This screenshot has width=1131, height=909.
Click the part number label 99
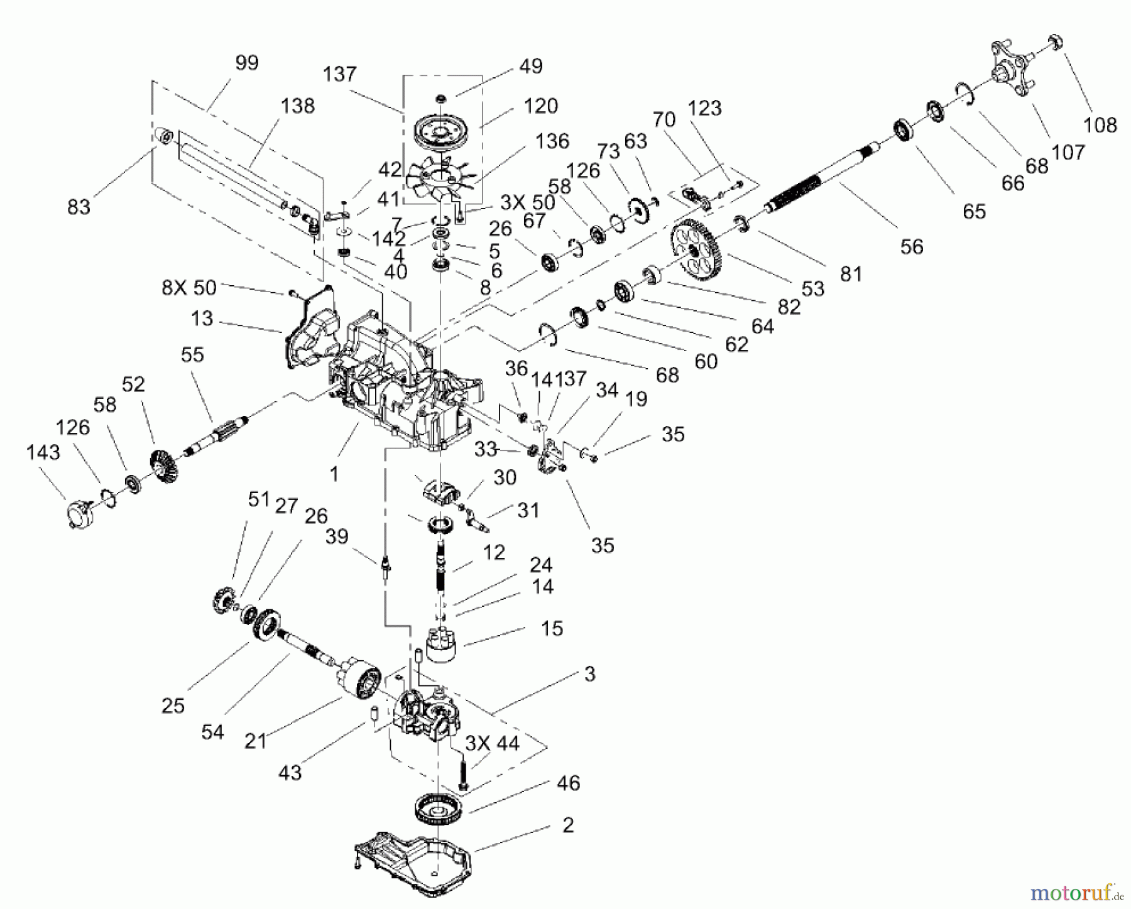coord(247,63)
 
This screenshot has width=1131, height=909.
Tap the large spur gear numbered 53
coord(696,249)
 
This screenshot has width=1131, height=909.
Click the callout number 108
coord(1100,124)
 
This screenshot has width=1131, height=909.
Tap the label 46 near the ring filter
coord(568,783)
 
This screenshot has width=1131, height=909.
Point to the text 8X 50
coord(188,288)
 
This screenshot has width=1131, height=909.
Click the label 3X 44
coord(492,743)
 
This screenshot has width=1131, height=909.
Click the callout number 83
coord(79,206)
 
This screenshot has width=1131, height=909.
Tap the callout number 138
coord(297,106)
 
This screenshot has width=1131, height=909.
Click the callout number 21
coord(256,741)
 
